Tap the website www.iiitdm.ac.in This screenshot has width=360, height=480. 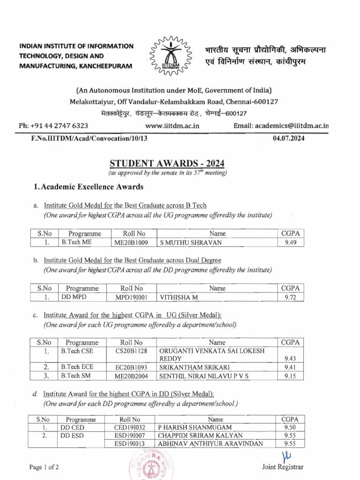pyautogui.click(x=172, y=126)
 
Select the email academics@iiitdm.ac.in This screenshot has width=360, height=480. pyautogui.click(x=281, y=126)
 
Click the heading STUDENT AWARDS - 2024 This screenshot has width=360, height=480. pyautogui.click(x=167, y=164)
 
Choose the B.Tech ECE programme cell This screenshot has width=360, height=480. pyautogui.click(x=76, y=367)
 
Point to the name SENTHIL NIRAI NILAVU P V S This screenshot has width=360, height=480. pyautogui.click(x=204, y=376)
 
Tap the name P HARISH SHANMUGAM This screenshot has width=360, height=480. pyautogui.click(x=195, y=427)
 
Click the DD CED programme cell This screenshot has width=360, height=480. pyautogui.click(x=72, y=427)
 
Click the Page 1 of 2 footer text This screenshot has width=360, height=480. pyautogui.click(x=44, y=467)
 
